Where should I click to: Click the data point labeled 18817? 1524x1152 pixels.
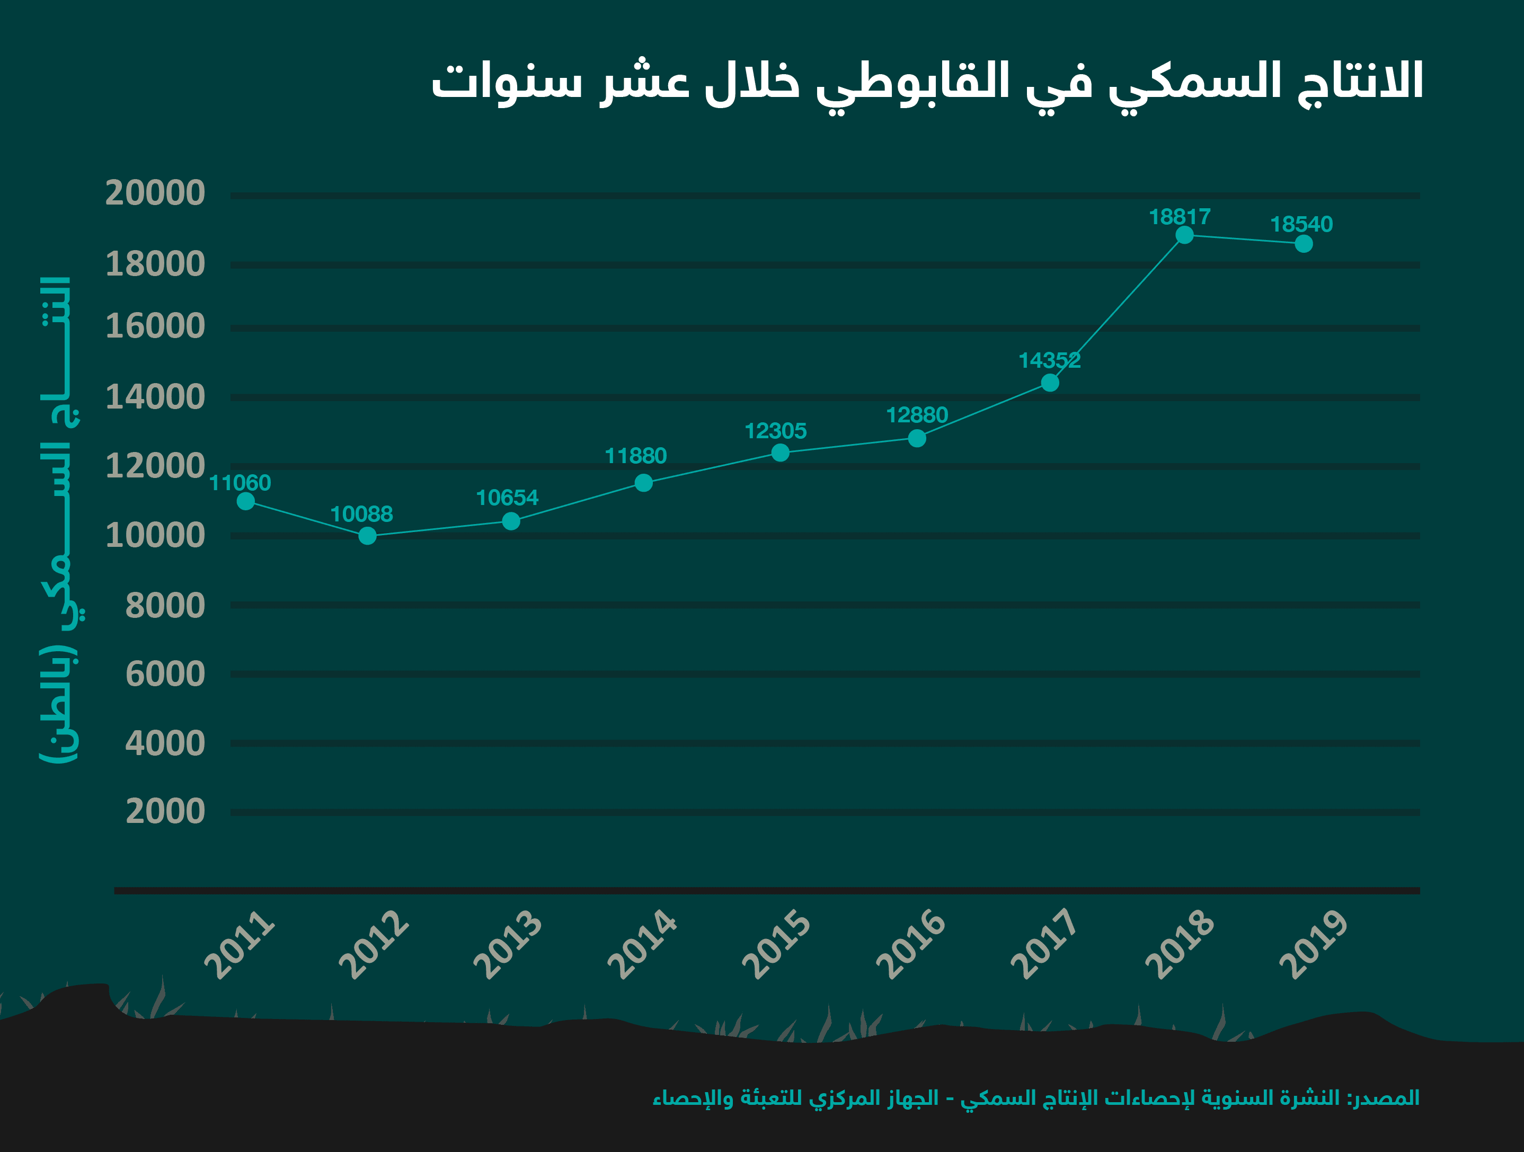coord(1184,235)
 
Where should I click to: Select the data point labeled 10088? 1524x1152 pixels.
coord(367,535)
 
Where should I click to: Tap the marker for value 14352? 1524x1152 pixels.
coord(1050,383)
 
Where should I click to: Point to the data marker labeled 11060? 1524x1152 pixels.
coord(245,501)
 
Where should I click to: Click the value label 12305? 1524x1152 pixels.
coord(775,431)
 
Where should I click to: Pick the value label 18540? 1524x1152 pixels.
coord(1301,225)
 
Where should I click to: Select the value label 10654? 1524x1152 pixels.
coord(507,498)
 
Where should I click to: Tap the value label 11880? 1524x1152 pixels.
coord(635,456)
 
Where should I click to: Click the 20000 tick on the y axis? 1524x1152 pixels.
coord(155,193)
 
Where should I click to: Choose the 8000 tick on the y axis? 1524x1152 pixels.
coord(165,606)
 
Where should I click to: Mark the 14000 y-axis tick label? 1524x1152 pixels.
coord(155,397)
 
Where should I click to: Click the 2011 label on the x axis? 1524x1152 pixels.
coord(240,945)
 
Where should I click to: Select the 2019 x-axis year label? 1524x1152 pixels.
coord(1313,945)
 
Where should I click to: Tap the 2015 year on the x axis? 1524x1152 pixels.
coord(776,945)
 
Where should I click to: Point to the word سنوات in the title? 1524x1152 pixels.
coord(507,83)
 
